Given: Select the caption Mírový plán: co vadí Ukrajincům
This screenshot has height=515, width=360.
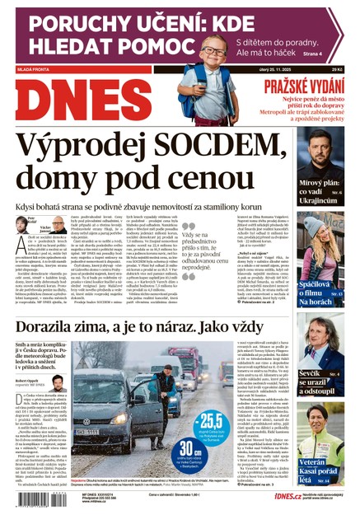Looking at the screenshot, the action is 320,190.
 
